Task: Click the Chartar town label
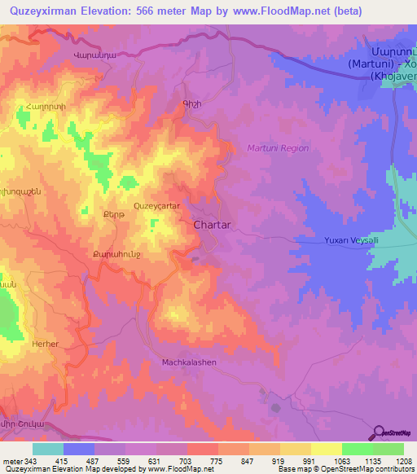[215, 225]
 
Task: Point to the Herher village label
[46, 345]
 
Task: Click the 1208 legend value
[403, 462]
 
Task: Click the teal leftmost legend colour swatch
[47, 449]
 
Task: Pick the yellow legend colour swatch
[326, 449]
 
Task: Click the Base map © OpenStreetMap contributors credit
[345, 470]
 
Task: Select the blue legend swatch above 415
[78, 449]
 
